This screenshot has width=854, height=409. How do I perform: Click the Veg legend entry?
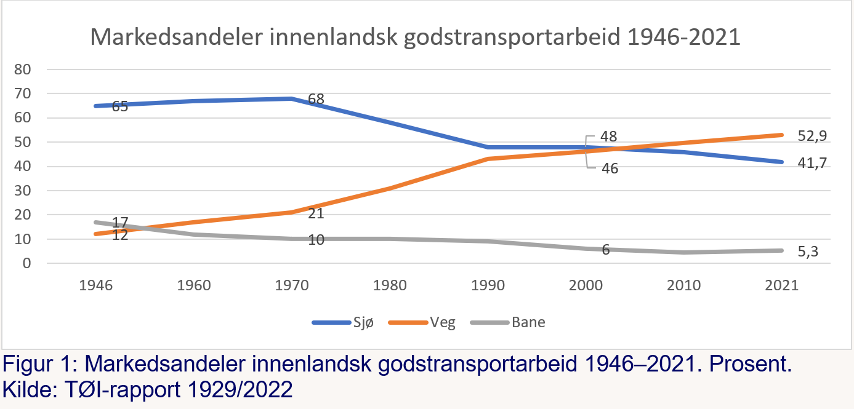[x=442, y=322]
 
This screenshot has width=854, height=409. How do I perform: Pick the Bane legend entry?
[x=528, y=322]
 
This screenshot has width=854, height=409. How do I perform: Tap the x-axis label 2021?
[x=781, y=286]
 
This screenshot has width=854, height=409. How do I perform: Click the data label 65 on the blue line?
[x=120, y=107]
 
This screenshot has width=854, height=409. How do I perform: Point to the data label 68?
[x=316, y=99]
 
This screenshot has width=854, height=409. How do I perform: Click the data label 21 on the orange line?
[x=315, y=214]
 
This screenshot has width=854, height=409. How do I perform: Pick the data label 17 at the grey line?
[x=120, y=222]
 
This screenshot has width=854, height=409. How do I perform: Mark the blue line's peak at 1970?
[x=291, y=98]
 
